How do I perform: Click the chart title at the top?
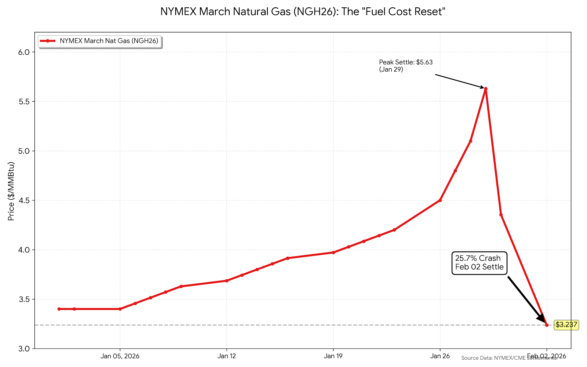(303, 12)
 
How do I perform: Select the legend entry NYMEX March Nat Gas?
(109, 41)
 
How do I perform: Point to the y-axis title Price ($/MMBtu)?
(11, 191)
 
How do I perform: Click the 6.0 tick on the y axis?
(23, 52)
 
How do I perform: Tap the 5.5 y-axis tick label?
(23, 102)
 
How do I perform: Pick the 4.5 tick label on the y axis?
(23, 200)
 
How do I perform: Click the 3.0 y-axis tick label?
(23, 349)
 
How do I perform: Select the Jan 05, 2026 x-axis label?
(120, 356)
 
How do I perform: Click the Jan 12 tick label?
(227, 356)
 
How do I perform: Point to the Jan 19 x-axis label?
(333, 356)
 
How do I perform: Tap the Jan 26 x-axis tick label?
(440, 356)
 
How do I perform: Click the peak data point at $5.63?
(486, 88)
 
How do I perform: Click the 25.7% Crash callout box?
(479, 263)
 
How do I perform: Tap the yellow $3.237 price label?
(566, 325)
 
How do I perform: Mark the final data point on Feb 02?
(547, 325)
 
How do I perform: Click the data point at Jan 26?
(440, 200)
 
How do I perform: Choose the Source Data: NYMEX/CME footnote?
(509, 358)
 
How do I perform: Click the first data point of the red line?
(59, 309)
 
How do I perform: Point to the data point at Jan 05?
(120, 309)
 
